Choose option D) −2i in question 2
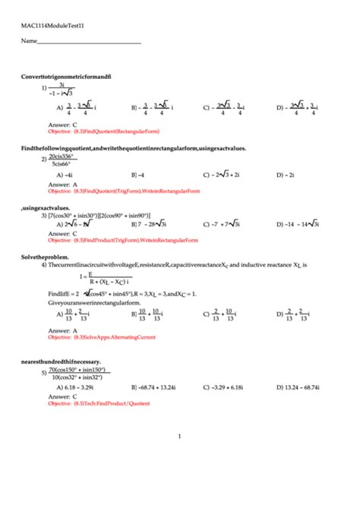pos(286,174)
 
